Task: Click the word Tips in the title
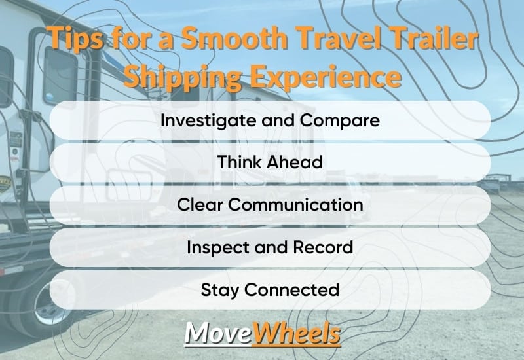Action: tap(75, 39)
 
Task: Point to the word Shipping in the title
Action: tap(183, 77)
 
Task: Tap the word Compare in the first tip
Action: tap(340, 120)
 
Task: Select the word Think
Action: tap(239, 162)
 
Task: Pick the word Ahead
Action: tap(295, 162)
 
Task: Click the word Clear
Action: tap(200, 204)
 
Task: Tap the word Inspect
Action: tap(218, 248)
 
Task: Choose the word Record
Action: tap(323, 247)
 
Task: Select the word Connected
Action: tap(291, 289)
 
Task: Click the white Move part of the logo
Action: tap(218, 333)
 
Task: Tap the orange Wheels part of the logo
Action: tap(297, 333)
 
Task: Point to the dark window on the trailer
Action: tap(60, 77)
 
